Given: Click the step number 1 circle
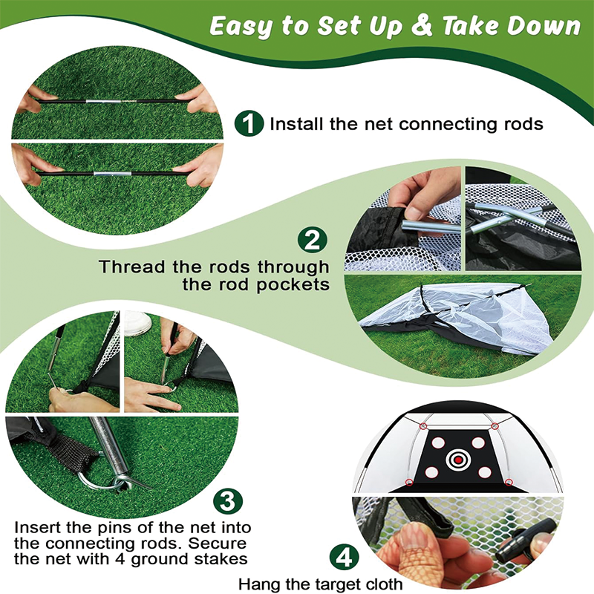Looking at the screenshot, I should click(x=249, y=123).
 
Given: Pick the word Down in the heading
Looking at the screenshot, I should click(x=547, y=26).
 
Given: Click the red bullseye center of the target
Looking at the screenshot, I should click(x=458, y=459).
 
